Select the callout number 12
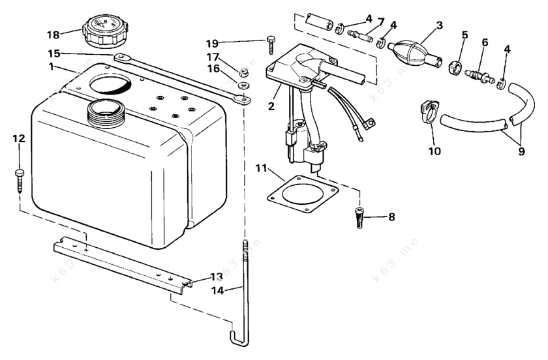pyautogui.click(x=19, y=138)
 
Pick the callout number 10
pyautogui.click(x=434, y=151)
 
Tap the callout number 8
pyautogui.click(x=391, y=217)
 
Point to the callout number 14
pyautogui.click(x=219, y=290)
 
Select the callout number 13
pyautogui.click(x=216, y=277)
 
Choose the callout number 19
pyautogui.click(x=212, y=43)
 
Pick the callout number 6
pyautogui.click(x=485, y=42)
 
